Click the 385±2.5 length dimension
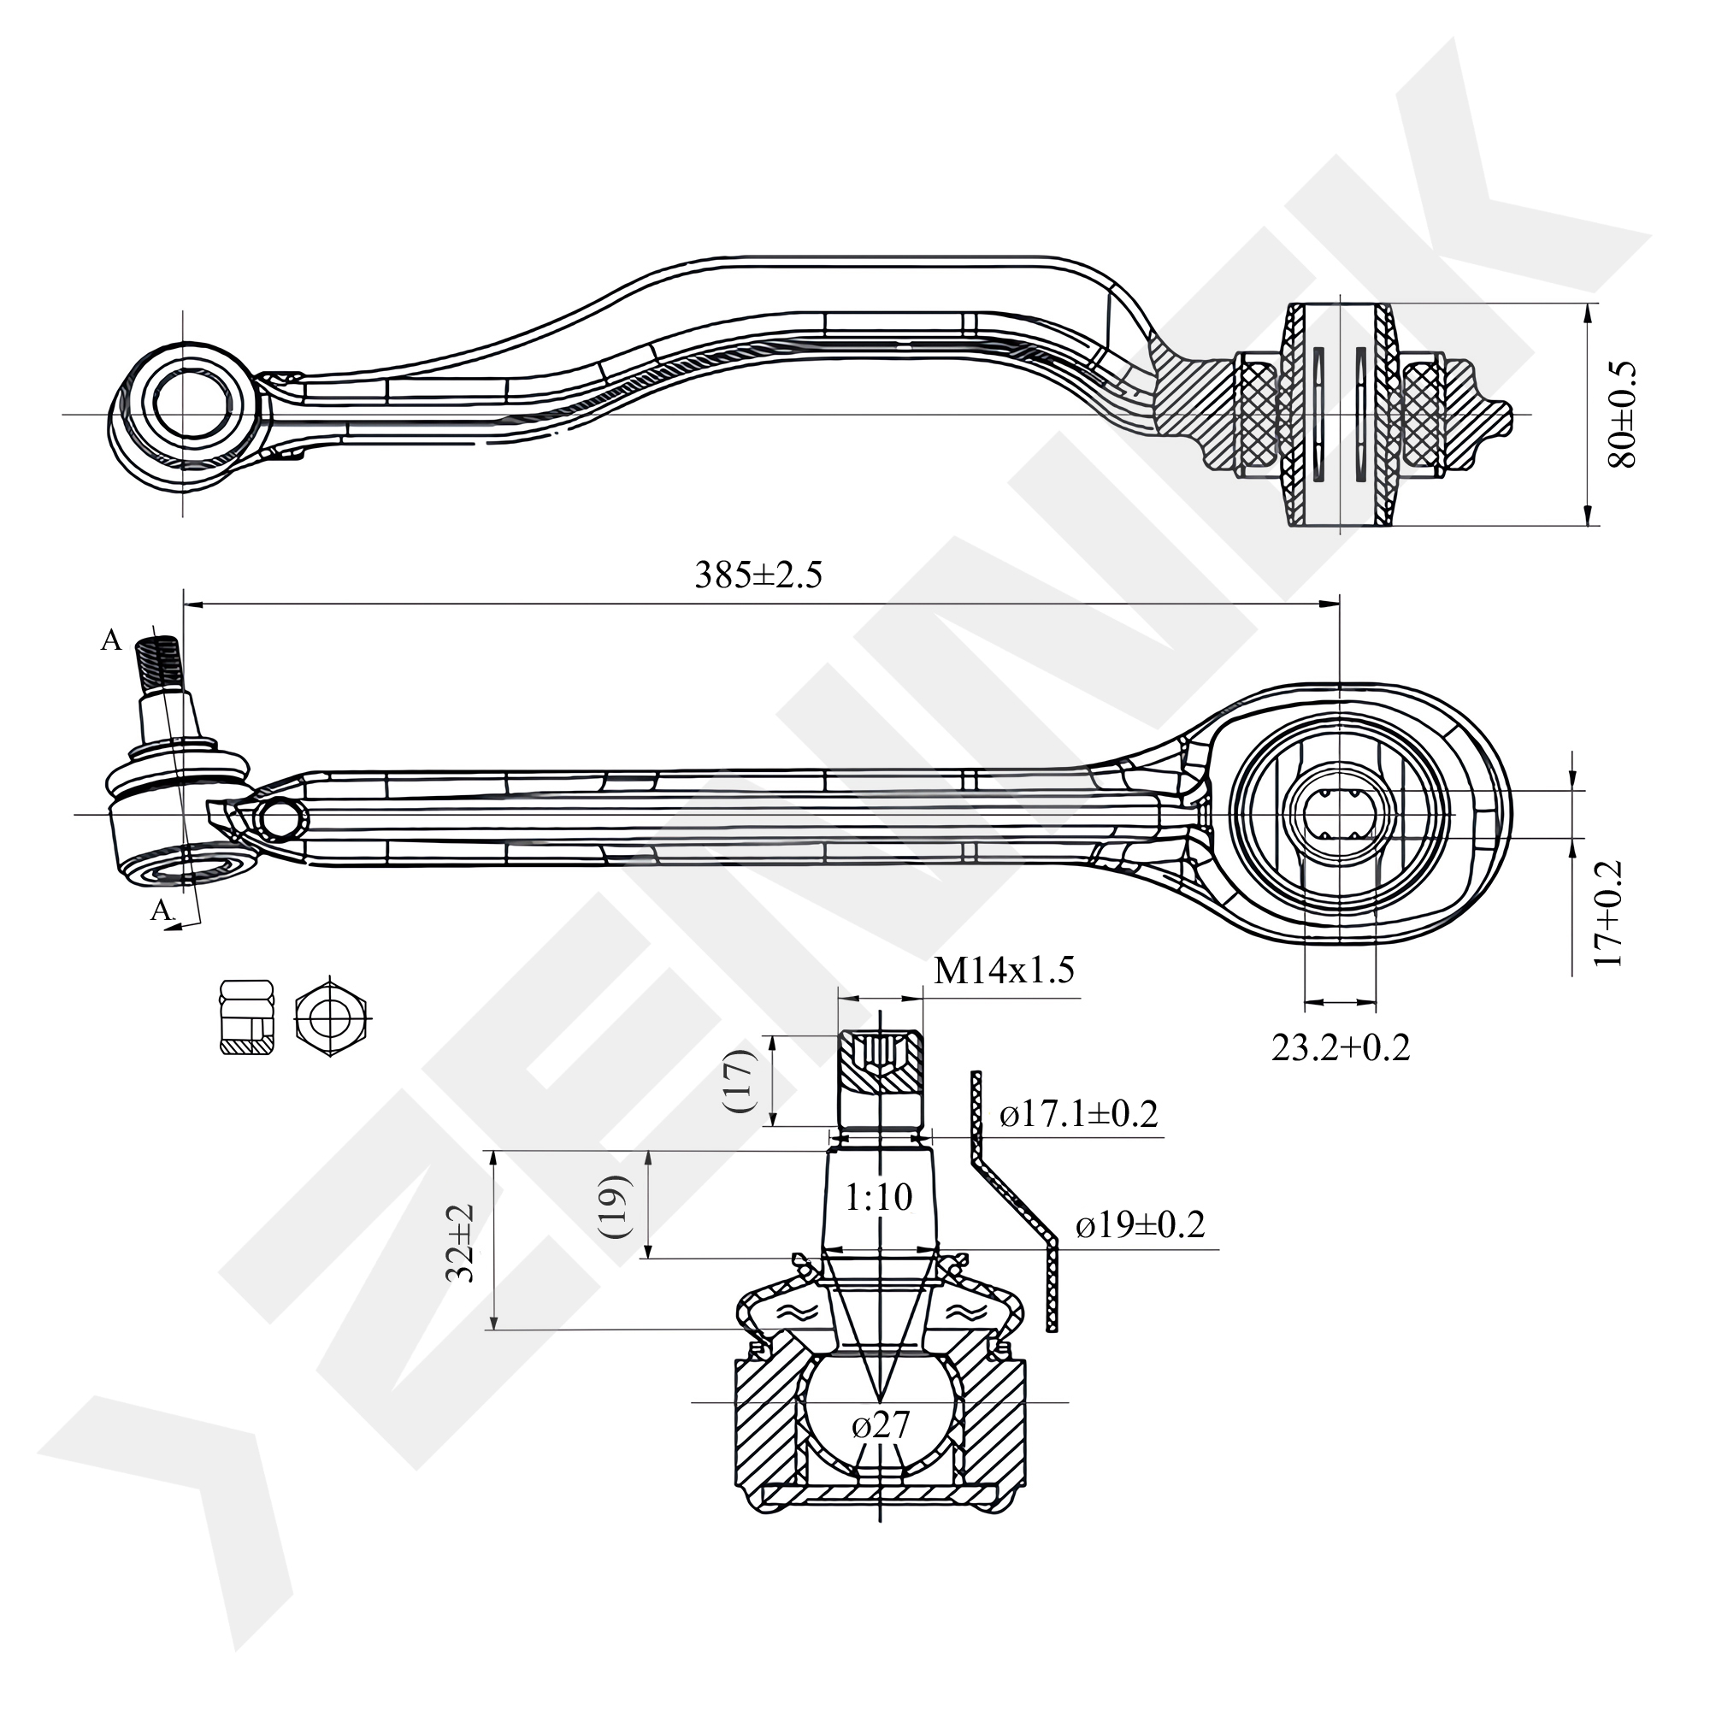pyautogui.click(x=758, y=576)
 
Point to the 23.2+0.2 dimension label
pyautogui.click(x=1340, y=1048)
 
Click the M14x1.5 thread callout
pyautogui.click(x=1004, y=971)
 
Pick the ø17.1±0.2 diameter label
pyautogui.click(x=1078, y=1113)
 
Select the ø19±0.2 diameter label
pyautogui.click(x=1140, y=1226)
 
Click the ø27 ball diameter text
pyautogui.click(x=881, y=1425)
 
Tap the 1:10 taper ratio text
pyautogui.click(x=878, y=1198)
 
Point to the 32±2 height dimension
pyautogui.click(x=461, y=1241)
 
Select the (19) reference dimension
pyautogui.click(x=614, y=1206)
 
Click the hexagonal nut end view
pyautogui.click(x=331, y=1017)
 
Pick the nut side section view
pyautogui.click(x=247, y=1017)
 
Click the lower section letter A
pyautogui.click(x=160, y=909)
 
